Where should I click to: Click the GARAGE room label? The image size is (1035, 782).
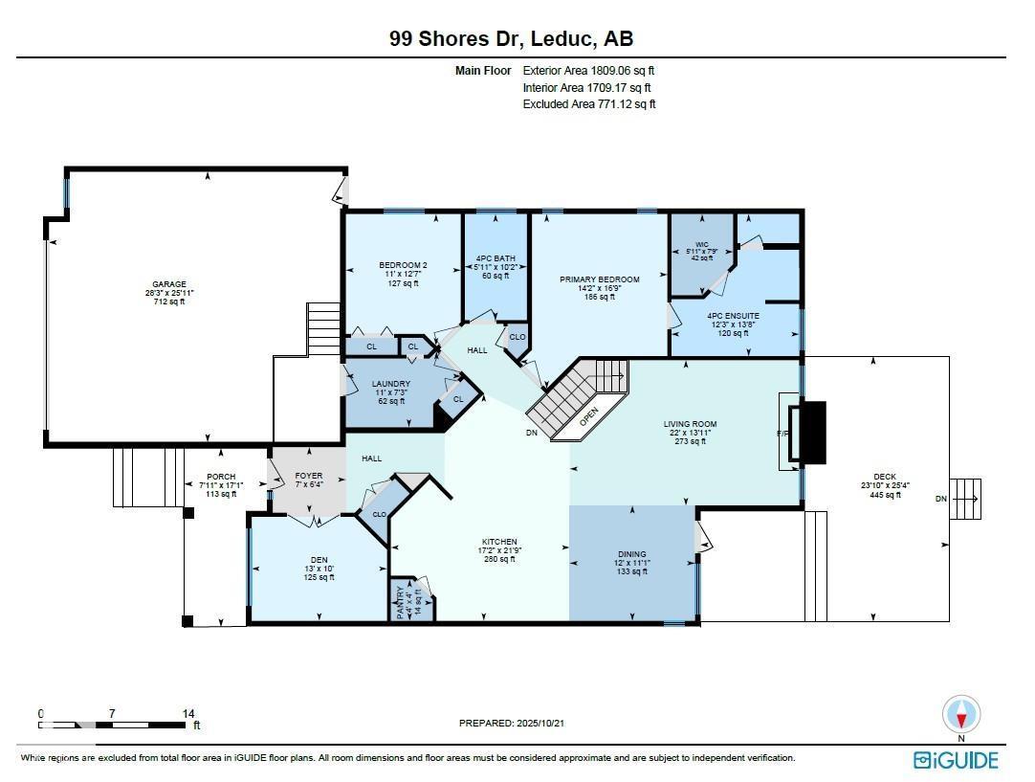(x=169, y=284)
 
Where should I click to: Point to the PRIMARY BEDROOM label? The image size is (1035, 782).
(x=599, y=279)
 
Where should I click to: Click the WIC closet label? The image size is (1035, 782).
(x=701, y=244)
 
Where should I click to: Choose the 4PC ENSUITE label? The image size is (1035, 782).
(x=733, y=316)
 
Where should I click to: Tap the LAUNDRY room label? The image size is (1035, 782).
(x=390, y=384)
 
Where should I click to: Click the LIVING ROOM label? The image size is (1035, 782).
(x=690, y=424)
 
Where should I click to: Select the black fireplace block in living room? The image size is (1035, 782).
(x=811, y=432)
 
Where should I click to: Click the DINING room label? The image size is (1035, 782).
(x=631, y=554)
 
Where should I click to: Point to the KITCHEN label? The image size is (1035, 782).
(x=499, y=542)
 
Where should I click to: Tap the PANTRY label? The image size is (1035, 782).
(x=401, y=604)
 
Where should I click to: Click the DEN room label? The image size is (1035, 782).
(x=318, y=560)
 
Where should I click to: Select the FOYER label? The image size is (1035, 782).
(x=308, y=476)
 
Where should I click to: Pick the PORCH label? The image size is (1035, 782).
(x=221, y=477)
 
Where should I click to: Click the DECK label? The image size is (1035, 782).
(x=885, y=476)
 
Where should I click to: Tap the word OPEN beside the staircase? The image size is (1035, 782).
(x=588, y=415)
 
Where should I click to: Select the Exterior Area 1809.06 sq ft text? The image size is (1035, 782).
(x=588, y=70)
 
